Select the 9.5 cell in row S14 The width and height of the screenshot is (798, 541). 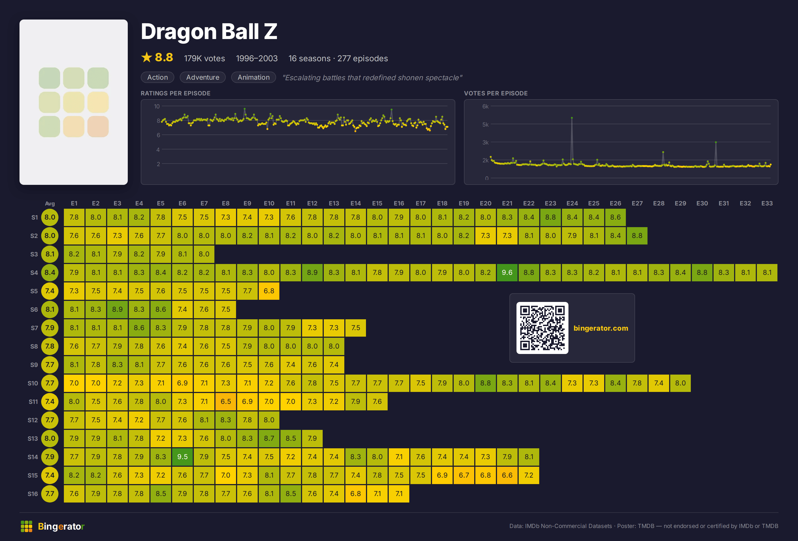click(182, 457)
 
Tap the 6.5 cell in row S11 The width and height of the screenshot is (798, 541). click(225, 401)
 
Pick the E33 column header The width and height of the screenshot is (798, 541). click(767, 203)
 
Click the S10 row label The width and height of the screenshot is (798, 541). click(33, 383)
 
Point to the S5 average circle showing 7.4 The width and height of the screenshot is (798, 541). click(50, 291)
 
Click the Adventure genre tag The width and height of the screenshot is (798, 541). click(202, 77)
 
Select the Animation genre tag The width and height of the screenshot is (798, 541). click(253, 77)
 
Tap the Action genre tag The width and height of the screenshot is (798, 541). click(158, 77)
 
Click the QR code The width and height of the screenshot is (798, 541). click(542, 328)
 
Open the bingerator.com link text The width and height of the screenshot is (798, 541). click(601, 328)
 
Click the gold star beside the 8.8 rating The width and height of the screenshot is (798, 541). click(147, 57)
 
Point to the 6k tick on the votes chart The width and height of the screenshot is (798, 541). click(485, 107)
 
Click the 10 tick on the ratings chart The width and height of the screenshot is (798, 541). click(156, 107)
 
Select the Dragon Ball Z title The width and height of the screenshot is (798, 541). click(209, 31)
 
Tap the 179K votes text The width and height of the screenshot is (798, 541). click(204, 59)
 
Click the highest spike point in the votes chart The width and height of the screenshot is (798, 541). click(572, 118)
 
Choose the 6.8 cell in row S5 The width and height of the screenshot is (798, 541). click(269, 291)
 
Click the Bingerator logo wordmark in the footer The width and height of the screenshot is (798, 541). click(61, 526)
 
